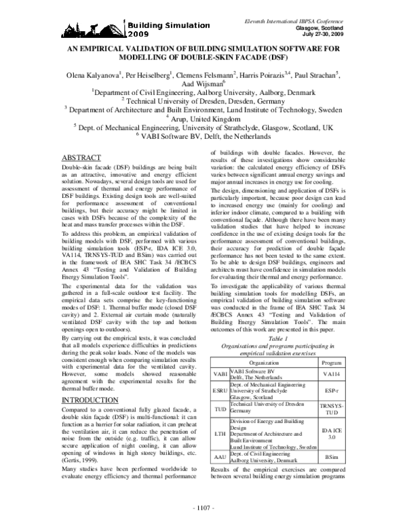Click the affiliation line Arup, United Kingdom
tap(203, 117)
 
